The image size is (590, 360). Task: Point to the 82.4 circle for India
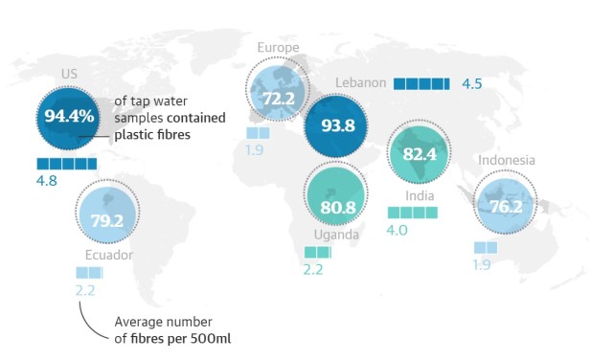click(x=420, y=153)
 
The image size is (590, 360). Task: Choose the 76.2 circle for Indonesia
click(x=507, y=204)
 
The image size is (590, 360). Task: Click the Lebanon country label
click(x=360, y=83)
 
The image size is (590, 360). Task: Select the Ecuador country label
click(x=107, y=256)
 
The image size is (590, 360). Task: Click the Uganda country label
click(x=336, y=235)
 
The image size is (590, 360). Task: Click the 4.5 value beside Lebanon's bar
click(x=471, y=83)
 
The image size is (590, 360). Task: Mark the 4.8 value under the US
click(x=48, y=182)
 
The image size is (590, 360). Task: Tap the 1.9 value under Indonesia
click(x=483, y=264)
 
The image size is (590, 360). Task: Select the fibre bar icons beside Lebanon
click(x=420, y=83)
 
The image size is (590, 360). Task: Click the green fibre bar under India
click(x=411, y=212)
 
